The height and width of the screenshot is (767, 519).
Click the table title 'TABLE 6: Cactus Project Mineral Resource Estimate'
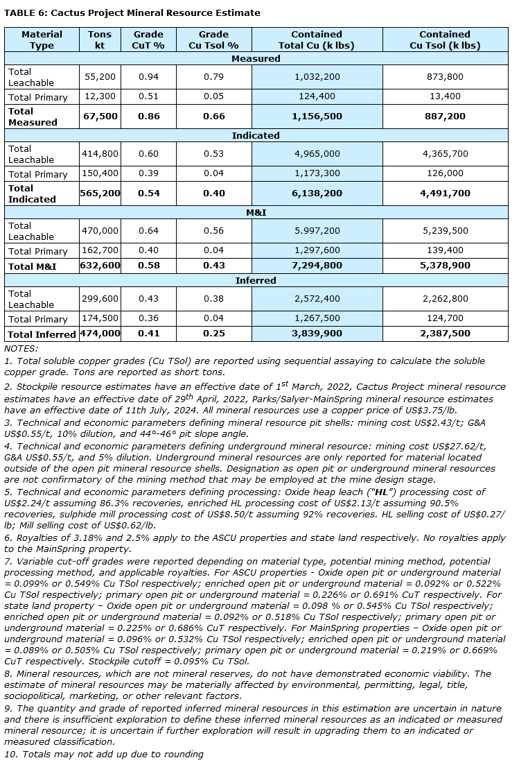(x=132, y=12)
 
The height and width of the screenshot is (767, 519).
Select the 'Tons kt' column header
(x=100, y=40)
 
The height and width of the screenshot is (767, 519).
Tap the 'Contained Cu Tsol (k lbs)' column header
(x=444, y=40)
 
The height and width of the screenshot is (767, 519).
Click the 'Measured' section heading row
(x=256, y=59)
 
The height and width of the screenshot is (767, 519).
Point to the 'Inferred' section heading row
(x=256, y=280)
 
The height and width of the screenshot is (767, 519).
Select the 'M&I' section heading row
(x=256, y=212)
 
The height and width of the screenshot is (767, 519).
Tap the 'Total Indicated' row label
(x=32, y=193)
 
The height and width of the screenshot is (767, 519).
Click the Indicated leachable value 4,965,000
(x=317, y=154)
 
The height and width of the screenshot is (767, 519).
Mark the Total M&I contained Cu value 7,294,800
(x=317, y=266)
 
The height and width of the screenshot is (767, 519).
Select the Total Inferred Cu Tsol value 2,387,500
(x=444, y=334)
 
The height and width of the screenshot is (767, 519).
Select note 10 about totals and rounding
(x=104, y=754)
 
